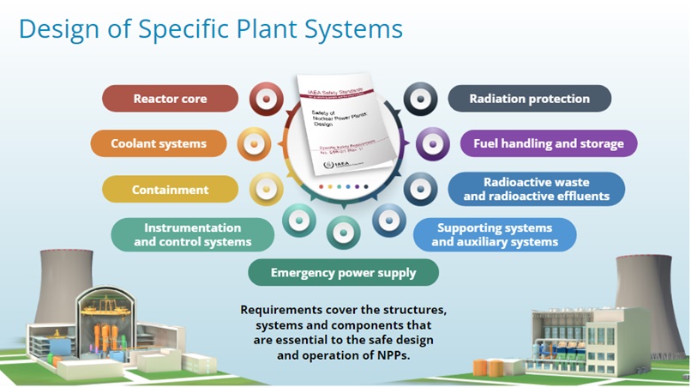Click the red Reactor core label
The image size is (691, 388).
[170, 99]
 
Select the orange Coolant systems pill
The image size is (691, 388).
[159, 143]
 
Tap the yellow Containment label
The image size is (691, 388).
[170, 189]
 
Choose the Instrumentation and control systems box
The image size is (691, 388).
[192, 234]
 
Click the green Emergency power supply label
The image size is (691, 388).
[343, 273]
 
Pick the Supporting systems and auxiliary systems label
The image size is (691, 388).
[495, 234]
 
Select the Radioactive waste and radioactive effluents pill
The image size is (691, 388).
[536, 189]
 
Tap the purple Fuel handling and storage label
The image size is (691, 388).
[543, 143]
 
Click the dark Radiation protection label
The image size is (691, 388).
[529, 99]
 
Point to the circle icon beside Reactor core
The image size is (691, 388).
[267, 100]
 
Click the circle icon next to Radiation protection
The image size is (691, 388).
[420, 100]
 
